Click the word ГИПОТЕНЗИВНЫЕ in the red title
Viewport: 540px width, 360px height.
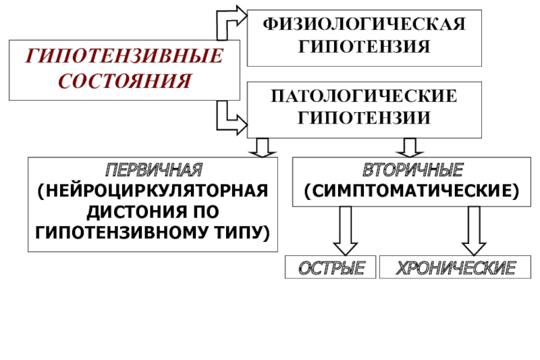click(124, 56)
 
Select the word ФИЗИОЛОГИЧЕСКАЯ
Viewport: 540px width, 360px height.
click(364, 25)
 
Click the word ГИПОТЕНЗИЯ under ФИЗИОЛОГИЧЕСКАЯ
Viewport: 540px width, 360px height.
click(364, 47)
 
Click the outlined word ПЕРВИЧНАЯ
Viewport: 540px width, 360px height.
click(153, 168)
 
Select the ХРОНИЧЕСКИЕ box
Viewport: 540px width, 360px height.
click(448, 268)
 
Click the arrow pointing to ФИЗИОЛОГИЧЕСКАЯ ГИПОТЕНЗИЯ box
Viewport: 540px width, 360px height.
click(230, 20)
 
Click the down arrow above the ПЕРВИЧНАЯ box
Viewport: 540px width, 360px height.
click(263, 147)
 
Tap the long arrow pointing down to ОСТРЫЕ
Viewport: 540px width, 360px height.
click(346, 230)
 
